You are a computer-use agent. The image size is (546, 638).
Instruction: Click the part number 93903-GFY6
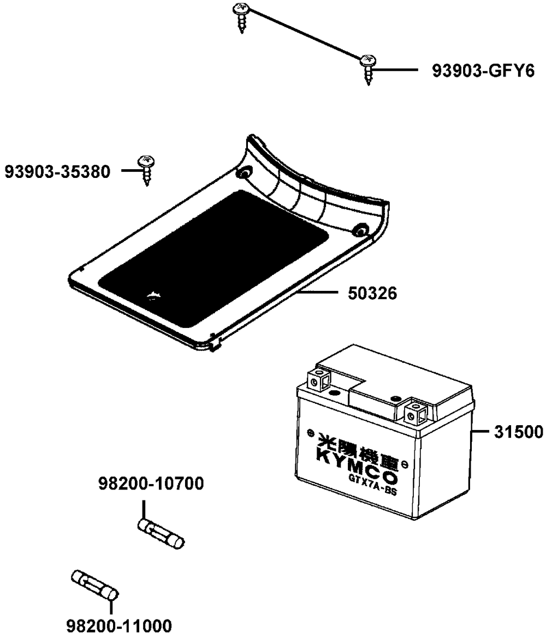coord(483,71)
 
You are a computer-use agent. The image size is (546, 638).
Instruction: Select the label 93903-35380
coord(57,171)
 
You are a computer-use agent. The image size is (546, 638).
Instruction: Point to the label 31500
coord(518,432)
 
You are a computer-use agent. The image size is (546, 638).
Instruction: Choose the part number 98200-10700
coord(151,484)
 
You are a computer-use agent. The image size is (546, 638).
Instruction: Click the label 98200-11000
coord(118,625)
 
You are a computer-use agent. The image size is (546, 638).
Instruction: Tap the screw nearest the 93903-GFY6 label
coord(367,69)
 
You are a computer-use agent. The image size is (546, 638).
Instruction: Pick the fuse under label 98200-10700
coord(161,533)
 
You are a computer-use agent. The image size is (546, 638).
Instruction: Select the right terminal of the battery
coord(416,414)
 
